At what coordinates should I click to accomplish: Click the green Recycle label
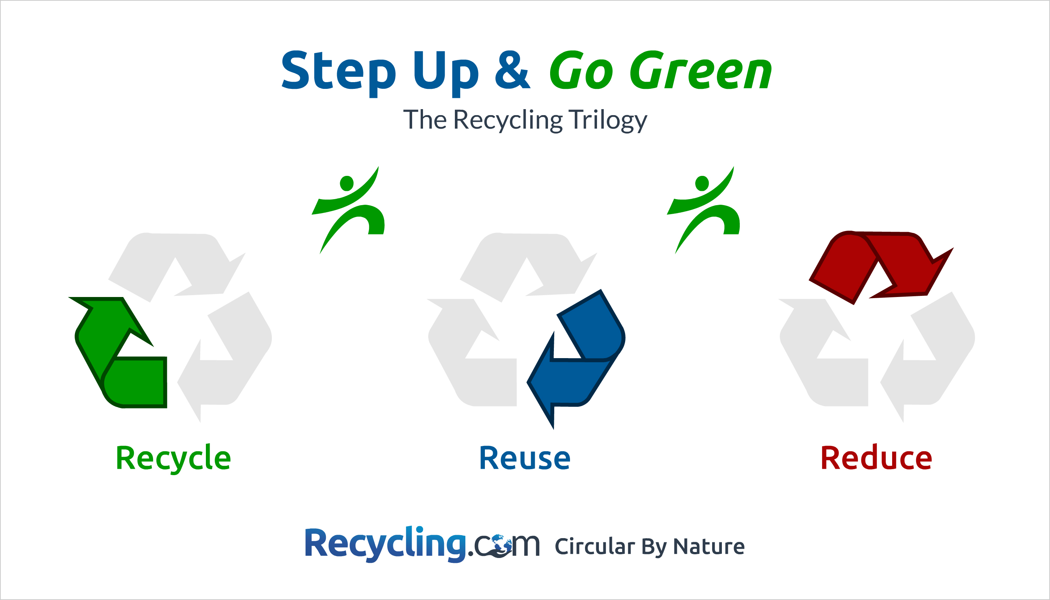point(173,458)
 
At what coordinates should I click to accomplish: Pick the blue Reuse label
point(525,458)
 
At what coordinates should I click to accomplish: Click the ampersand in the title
point(512,70)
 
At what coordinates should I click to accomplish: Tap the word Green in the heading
point(700,70)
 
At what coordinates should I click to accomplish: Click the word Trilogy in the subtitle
point(608,120)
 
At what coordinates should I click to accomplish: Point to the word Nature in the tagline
point(709,547)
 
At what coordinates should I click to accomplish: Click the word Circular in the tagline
point(594,547)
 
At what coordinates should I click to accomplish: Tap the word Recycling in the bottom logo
point(385,544)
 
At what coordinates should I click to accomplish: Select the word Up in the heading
point(446,72)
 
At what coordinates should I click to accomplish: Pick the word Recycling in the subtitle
point(508,120)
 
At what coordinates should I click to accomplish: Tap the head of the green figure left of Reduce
point(702,183)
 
